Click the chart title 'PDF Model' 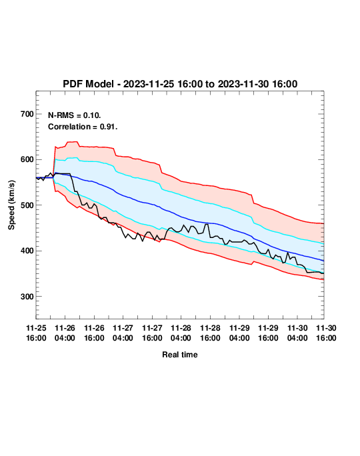coord(88,84)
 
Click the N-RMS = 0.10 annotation coord(75,115)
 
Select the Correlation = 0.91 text coord(83,127)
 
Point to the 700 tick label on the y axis coord(27,114)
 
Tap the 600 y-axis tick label coord(27,159)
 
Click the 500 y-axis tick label coord(27,205)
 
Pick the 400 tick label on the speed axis coord(27,251)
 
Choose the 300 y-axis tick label coord(27,297)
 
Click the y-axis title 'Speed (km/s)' coord(11,205)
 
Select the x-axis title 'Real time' coord(180,355)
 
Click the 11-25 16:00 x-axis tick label coord(36,333)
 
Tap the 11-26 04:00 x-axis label coord(65,333)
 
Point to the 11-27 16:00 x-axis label coord(152,333)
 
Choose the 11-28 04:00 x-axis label coord(181,333)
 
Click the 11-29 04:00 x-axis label coord(239,333)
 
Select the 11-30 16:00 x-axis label coord(326,333)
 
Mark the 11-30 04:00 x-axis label coord(297,333)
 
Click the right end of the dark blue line coord(323,261)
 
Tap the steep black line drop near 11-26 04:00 coord(73,183)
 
